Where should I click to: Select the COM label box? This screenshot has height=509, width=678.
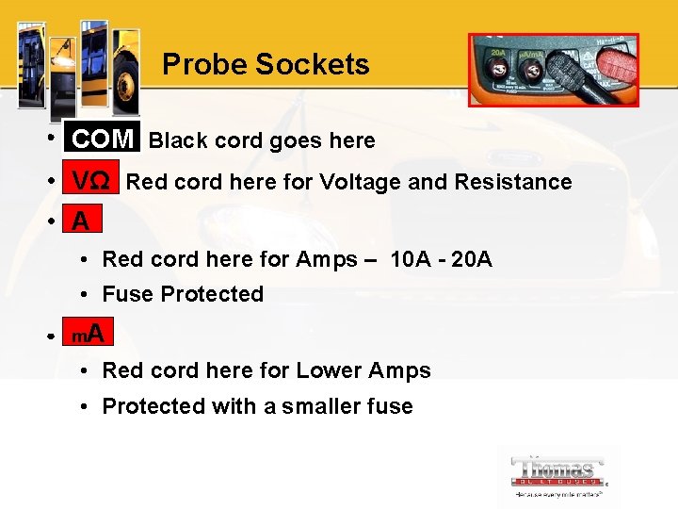(102, 140)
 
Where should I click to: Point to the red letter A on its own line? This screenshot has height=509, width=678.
(81, 222)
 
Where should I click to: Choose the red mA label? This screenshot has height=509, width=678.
(89, 334)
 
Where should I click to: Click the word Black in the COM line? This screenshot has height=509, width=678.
(179, 141)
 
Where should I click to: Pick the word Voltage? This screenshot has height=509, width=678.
(362, 182)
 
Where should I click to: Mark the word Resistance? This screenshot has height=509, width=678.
(513, 182)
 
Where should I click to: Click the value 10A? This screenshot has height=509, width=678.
(411, 259)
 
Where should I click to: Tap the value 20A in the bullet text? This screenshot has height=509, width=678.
(472, 259)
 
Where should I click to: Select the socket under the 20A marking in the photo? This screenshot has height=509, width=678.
(493, 68)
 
